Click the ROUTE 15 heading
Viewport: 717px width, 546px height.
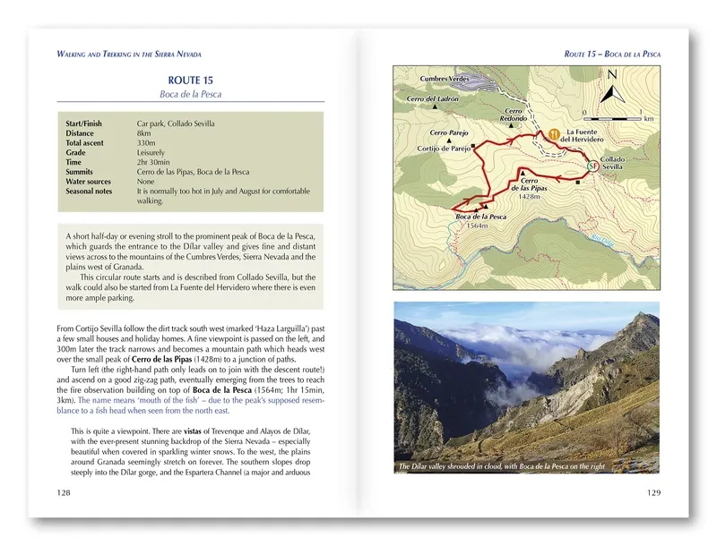click(x=190, y=81)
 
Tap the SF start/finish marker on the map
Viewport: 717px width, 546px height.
click(x=592, y=166)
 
